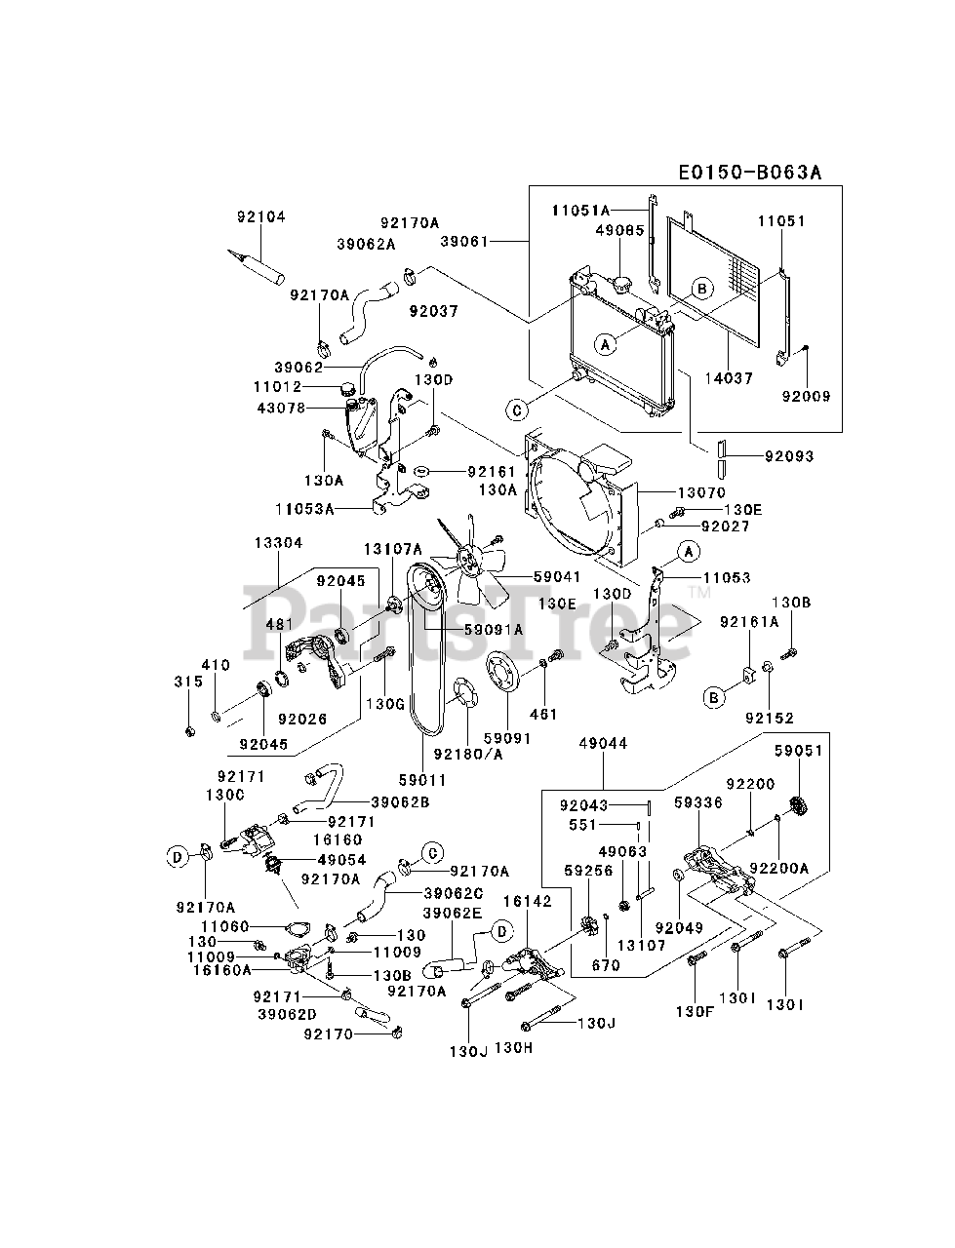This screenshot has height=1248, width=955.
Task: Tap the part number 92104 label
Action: click(x=260, y=217)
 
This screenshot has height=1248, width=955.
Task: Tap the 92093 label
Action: click(x=789, y=455)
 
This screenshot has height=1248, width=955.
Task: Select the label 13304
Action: click(x=279, y=543)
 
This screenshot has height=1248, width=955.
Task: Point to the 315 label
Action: click(x=189, y=682)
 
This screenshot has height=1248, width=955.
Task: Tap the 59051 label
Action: click(x=799, y=751)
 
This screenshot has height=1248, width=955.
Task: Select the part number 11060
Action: click(x=226, y=926)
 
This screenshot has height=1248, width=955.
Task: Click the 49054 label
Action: click(x=341, y=860)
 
